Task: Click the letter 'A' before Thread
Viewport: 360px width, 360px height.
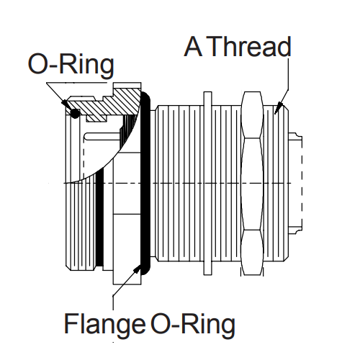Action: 194,48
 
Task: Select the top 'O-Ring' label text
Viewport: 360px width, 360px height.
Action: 71,65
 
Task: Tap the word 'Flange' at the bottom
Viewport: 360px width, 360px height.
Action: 105,325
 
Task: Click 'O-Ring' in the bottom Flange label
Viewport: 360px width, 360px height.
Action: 193,325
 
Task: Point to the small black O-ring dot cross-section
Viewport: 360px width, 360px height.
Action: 74,113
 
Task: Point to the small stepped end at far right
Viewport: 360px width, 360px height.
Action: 296,184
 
